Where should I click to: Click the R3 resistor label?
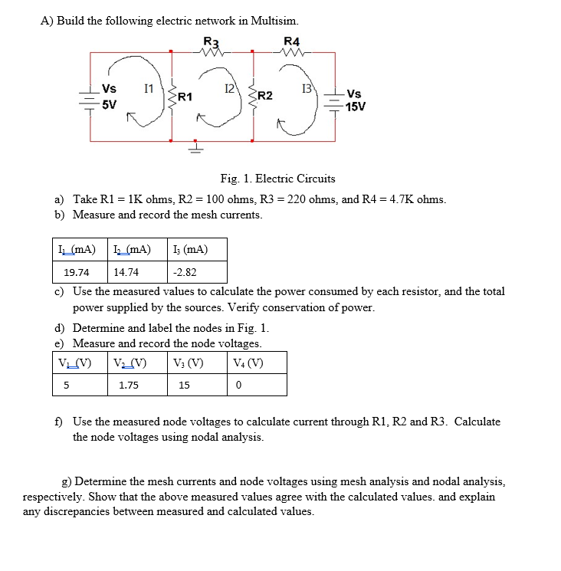[x=211, y=41]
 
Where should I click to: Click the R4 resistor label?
[x=292, y=41]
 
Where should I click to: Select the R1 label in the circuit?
[x=185, y=97]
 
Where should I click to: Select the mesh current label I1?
[x=149, y=89]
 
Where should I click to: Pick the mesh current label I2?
[x=228, y=89]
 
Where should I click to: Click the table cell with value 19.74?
[x=77, y=272]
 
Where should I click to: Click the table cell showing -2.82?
[x=185, y=272]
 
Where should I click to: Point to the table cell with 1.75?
[x=129, y=386]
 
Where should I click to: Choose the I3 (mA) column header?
[x=191, y=250]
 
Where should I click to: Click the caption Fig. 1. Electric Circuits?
[x=277, y=179]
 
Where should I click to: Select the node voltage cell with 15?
[x=184, y=386]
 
